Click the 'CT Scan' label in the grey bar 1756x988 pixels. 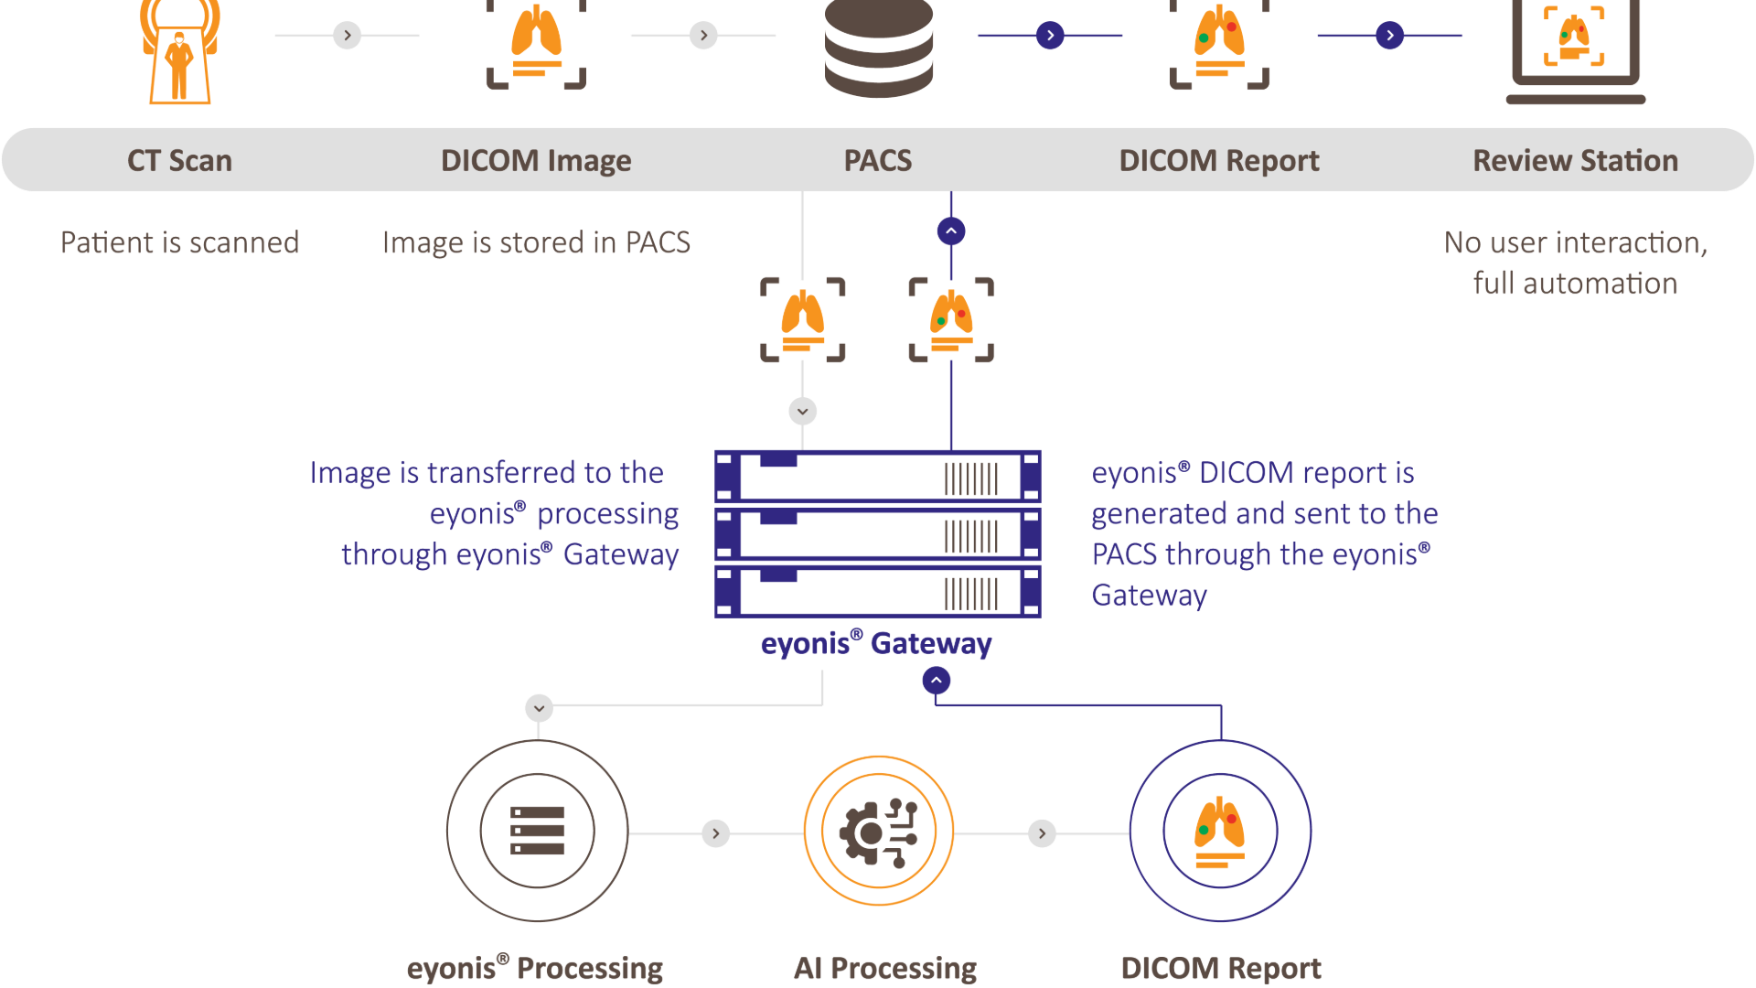179,161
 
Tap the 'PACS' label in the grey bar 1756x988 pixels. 877,161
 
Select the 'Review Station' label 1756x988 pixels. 1575,161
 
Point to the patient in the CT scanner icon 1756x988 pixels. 179,64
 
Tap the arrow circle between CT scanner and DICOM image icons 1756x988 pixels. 347,36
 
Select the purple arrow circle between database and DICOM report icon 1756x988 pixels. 1050,36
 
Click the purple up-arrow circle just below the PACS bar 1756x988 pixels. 951,231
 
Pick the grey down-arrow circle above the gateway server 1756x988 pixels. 803,412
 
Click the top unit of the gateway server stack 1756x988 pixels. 878,477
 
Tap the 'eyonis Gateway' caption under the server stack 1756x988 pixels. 876,644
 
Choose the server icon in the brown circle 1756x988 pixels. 538,831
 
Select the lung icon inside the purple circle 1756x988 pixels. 1220,831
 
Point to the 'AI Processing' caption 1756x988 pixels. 884,968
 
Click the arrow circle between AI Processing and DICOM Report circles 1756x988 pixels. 1042,833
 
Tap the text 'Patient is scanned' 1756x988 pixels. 180,242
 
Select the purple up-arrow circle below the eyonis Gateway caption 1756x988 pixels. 937,681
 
